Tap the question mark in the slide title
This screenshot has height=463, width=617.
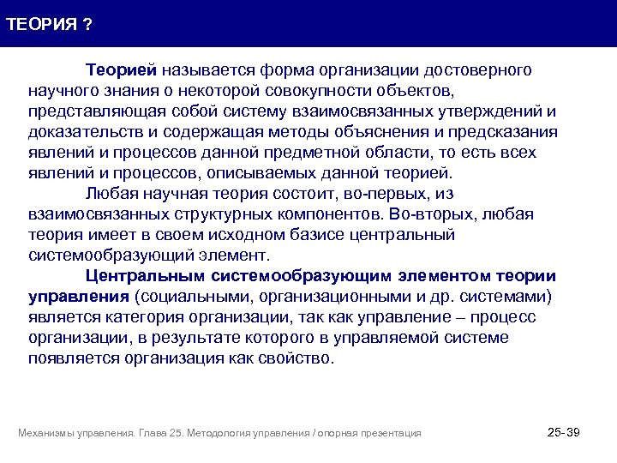(x=88, y=23)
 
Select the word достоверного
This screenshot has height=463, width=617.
(x=482, y=69)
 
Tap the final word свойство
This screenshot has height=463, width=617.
(x=296, y=358)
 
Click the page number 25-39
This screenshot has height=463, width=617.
(x=563, y=432)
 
